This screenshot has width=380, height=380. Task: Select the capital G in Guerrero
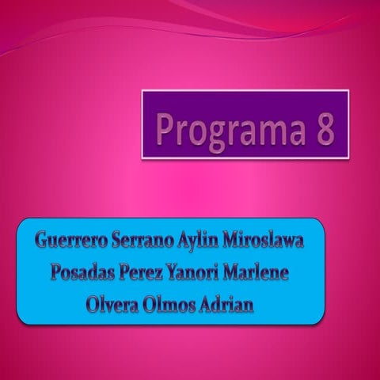pyautogui.click(x=43, y=239)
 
